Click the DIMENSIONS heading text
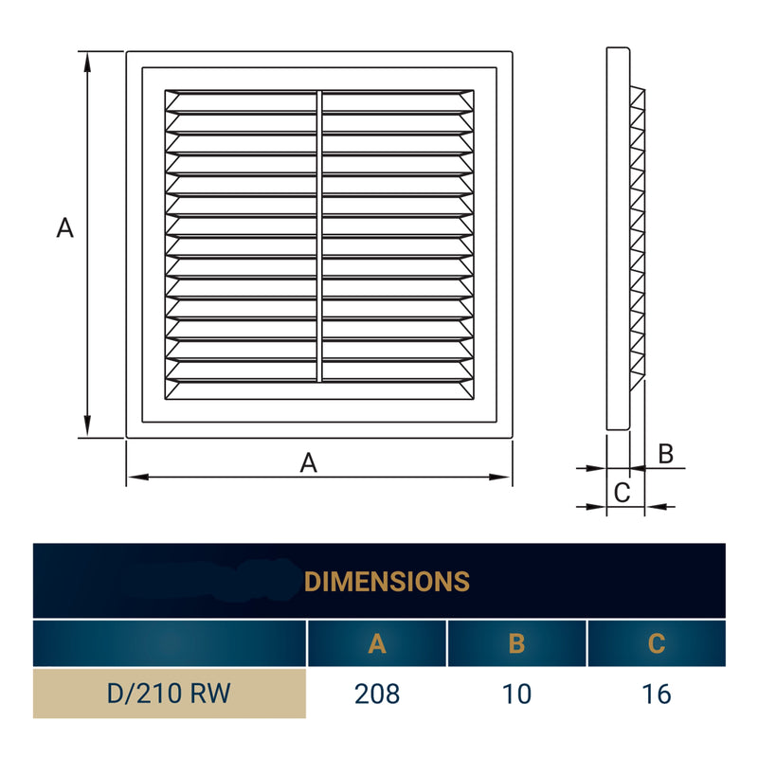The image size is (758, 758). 388,581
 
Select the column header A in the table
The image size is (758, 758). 377,644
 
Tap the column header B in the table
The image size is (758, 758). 516,644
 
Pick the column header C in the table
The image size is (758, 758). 657,644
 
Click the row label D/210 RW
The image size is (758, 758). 170,694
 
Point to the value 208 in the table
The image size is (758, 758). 377,694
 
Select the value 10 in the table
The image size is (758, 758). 516,694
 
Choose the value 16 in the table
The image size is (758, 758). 657,694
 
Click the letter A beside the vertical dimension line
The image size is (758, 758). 64,227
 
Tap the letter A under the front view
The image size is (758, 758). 308,462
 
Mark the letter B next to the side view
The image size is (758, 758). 666,454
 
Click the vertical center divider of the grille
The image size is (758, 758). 319,237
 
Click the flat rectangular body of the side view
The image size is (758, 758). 617,237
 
